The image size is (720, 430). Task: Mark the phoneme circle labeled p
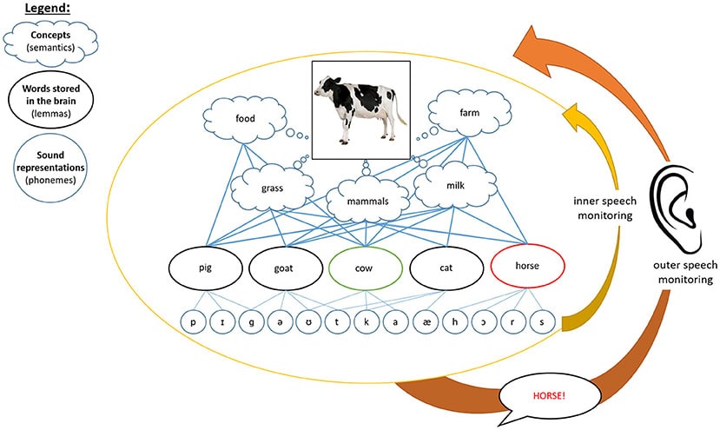point(193,323)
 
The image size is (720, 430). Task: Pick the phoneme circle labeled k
point(367,323)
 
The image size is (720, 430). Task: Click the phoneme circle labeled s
point(542,323)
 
